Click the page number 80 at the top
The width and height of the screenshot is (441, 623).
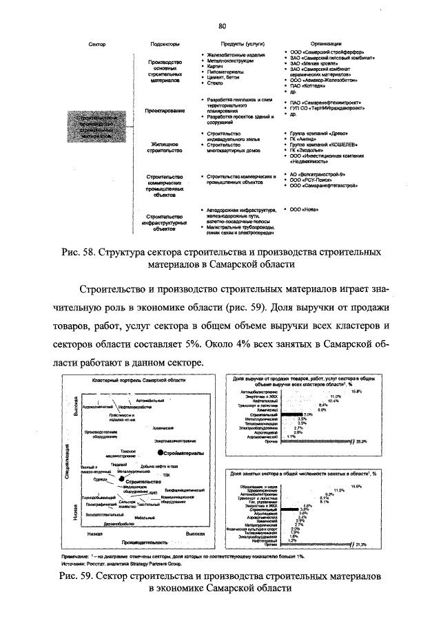tap(223, 26)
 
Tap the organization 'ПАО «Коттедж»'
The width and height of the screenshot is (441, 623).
tap(309, 86)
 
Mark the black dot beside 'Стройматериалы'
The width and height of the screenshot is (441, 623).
tap(160, 453)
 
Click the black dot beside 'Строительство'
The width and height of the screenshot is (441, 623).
tap(122, 482)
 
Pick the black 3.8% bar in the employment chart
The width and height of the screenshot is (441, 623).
tap(287, 509)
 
